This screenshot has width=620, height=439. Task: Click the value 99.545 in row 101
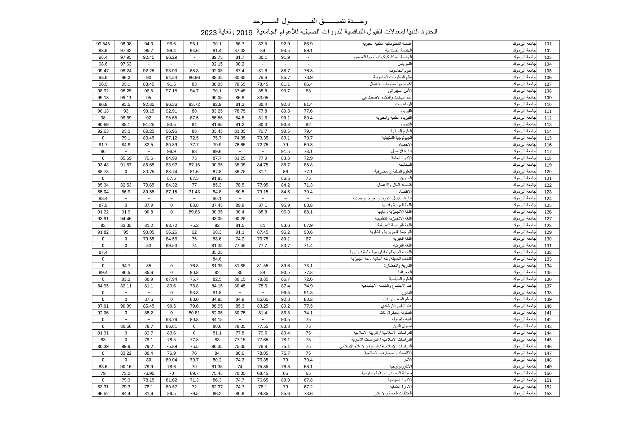coord(103,44)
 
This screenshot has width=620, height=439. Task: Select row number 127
coord(548,219)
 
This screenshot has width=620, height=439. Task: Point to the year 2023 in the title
coord(209,33)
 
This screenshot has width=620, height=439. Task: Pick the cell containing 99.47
coord(103,71)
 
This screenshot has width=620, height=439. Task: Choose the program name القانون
coord(406,292)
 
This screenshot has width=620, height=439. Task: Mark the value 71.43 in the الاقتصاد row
coord(194,192)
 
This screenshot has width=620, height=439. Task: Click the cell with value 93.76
coord(172,320)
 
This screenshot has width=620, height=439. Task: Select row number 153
coord(548,394)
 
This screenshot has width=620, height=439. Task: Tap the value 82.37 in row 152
coord(217,387)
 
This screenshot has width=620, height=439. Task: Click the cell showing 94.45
coord(126,219)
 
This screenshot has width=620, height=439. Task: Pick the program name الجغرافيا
coord(405,273)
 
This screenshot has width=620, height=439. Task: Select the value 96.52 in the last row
coord(103,394)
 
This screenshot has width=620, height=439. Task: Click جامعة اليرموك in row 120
coord(524,172)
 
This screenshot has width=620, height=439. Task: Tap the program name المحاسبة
coord(405,165)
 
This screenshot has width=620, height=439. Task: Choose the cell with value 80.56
coord(126,326)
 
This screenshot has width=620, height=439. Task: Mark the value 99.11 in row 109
coord(126,98)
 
